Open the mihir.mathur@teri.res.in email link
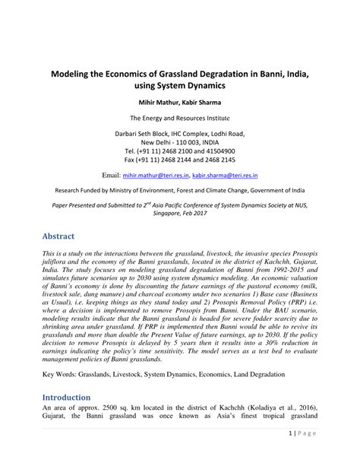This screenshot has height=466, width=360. coord(161,174)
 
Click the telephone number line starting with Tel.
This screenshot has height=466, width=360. coord(179,151)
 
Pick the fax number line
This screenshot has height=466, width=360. coord(179,160)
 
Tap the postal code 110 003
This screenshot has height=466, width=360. coord(186,142)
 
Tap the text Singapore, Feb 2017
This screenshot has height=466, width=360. coord(179,214)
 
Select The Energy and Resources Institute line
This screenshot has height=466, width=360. coord(179,119)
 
